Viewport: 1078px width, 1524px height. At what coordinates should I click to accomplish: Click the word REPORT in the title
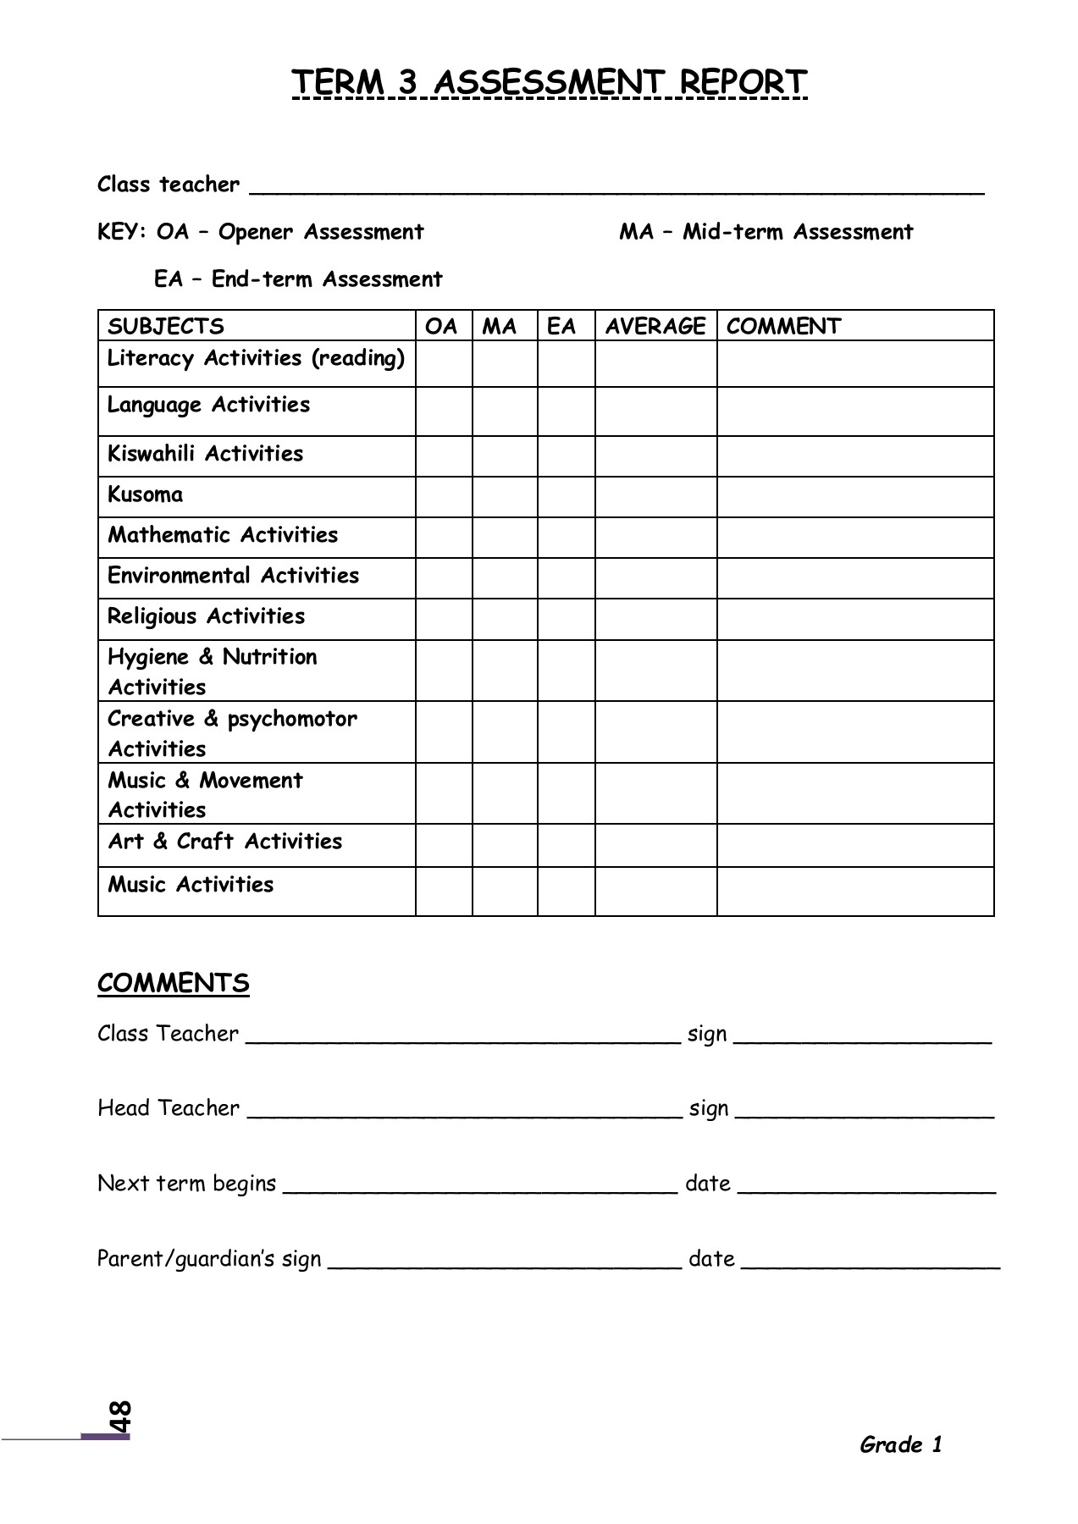pyautogui.click(x=743, y=82)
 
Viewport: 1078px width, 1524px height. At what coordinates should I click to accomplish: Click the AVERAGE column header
pyautogui.click(x=655, y=326)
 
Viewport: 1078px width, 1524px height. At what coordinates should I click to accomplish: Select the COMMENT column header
pyautogui.click(x=783, y=326)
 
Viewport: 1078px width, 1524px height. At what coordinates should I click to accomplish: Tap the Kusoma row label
pyautogui.click(x=145, y=494)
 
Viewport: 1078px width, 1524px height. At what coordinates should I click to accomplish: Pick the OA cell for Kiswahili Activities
pyautogui.click(x=444, y=456)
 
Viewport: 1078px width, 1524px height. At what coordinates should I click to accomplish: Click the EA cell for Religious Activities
pyautogui.click(x=566, y=619)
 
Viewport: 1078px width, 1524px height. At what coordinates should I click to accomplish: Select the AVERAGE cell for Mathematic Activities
pyautogui.click(x=655, y=537)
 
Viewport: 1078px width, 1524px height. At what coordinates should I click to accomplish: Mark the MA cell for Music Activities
pyautogui.click(x=505, y=891)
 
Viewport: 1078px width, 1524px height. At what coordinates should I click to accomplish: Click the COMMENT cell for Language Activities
pyautogui.click(x=855, y=411)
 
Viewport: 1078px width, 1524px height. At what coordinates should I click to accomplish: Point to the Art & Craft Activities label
pyautogui.click(x=224, y=842)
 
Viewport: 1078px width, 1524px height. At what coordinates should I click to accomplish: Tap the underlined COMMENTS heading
pyautogui.click(x=173, y=983)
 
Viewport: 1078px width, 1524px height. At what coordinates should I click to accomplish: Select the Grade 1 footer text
pyautogui.click(x=900, y=1444)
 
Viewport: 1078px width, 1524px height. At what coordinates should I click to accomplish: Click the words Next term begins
pyautogui.click(x=186, y=1183)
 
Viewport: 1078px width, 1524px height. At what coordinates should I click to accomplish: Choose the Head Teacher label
pyautogui.click(x=168, y=1108)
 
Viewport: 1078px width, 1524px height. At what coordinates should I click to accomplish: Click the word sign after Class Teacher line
pyautogui.click(x=707, y=1034)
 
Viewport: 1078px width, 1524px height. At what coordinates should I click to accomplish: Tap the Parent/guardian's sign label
pyautogui.click(x=209, y=1258)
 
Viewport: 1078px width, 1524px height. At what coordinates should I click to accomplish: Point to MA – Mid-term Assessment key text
pyautogui.click(x=766, y=232)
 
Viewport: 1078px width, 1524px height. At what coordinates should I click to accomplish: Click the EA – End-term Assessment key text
pyautogui.click(x=298, y=279)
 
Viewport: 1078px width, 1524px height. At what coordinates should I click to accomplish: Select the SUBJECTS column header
pyautogui.click(x=166, y=326)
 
